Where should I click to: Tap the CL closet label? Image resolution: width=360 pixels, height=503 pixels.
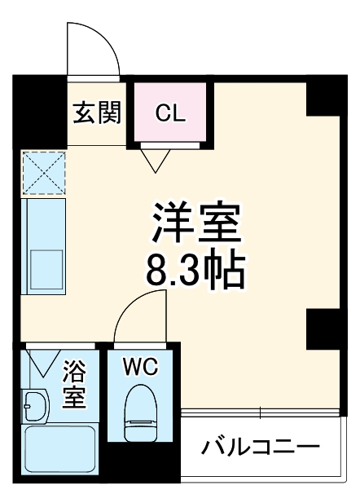(171, 113)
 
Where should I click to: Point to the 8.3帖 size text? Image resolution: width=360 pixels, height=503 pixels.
(195, 271)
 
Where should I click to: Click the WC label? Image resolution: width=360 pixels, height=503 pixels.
(140, 368)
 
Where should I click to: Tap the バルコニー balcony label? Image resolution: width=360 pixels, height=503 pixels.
(261, 447)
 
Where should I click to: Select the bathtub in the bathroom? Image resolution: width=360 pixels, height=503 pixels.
(62, 452)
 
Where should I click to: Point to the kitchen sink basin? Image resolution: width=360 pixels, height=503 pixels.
(46, 266)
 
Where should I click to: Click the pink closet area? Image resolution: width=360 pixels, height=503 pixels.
(171, 122)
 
